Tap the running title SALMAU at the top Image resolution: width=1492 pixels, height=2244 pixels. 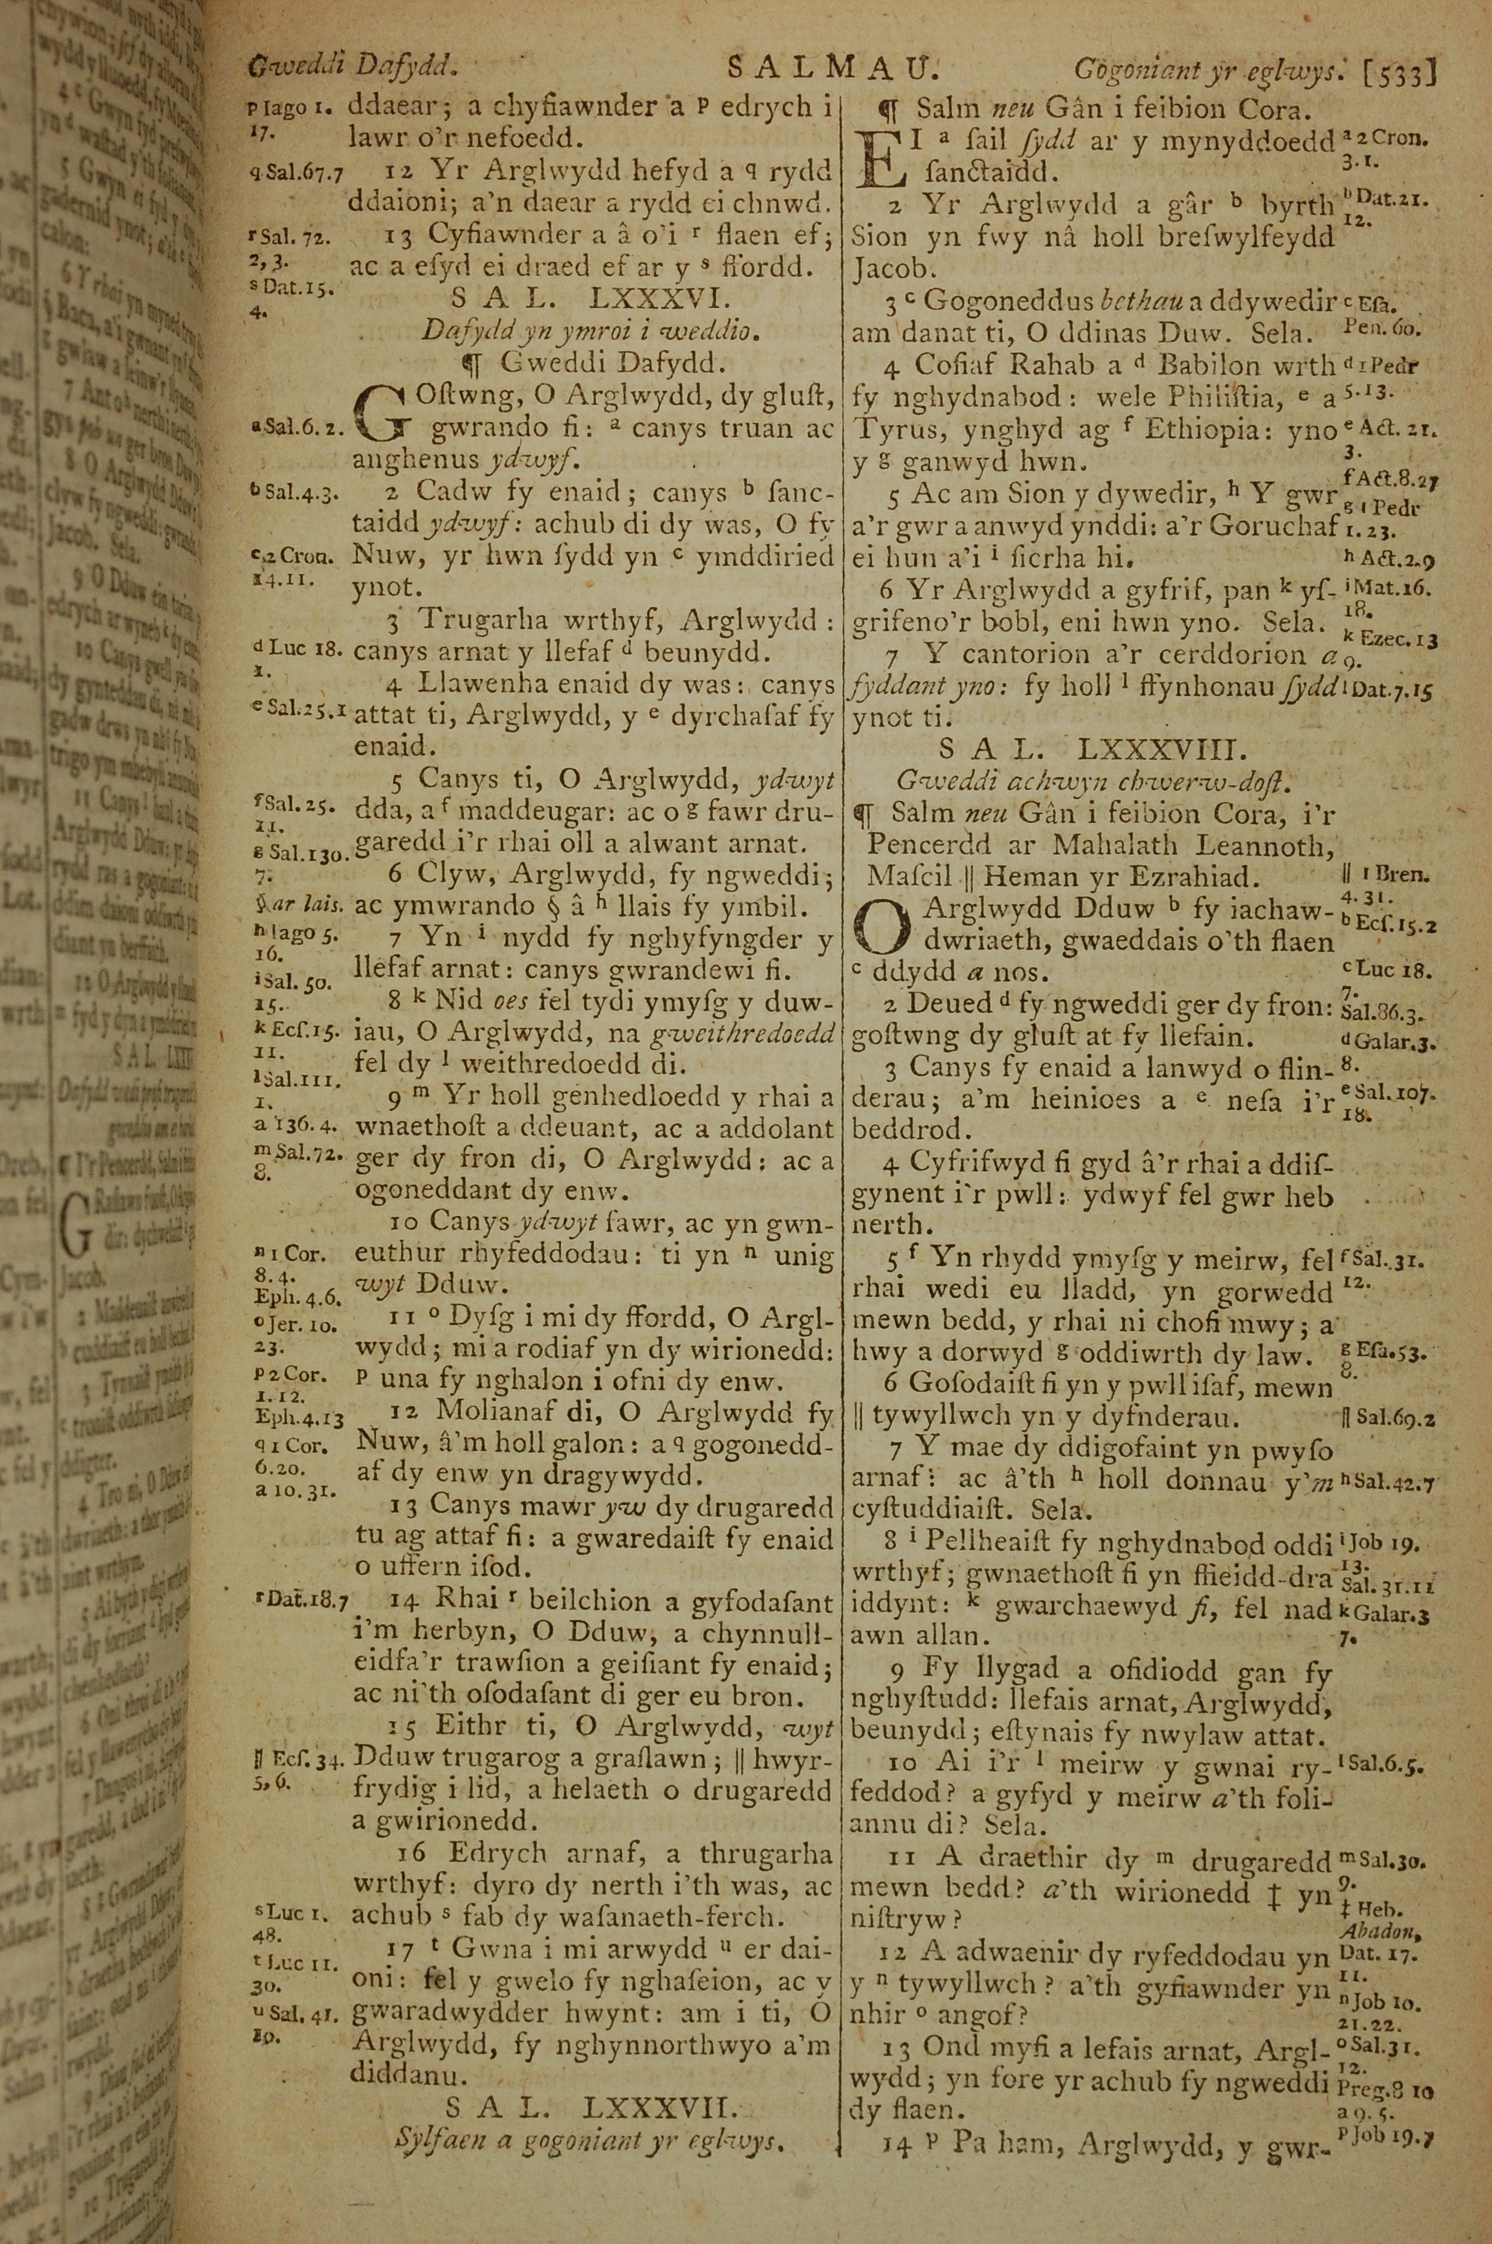[x=832, y=68]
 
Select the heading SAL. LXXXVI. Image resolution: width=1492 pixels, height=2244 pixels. [x=591, y=300]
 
